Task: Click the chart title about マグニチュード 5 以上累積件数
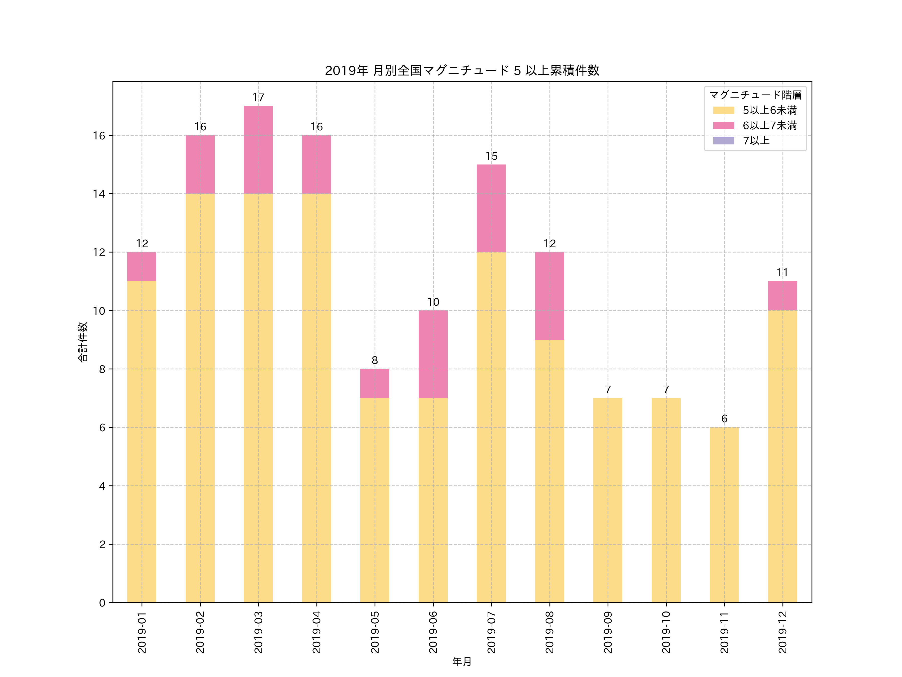tap(462, 71)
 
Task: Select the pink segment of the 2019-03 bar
tap(258, 150)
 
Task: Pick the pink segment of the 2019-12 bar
tap(782, 296)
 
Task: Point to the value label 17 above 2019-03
tap(258, 98)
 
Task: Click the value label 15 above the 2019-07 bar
tap(491, 156)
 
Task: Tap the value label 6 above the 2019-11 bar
tap(724, 419)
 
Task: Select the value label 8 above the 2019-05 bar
tap(375, 360)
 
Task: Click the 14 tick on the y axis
tap(99, 194)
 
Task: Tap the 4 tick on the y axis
tap(102, 486)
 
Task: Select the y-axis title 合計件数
tap(83, 342)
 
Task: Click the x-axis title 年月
tap(462, 661)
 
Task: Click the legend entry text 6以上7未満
tap(769, 125)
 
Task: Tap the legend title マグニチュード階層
tap(755, 95)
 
